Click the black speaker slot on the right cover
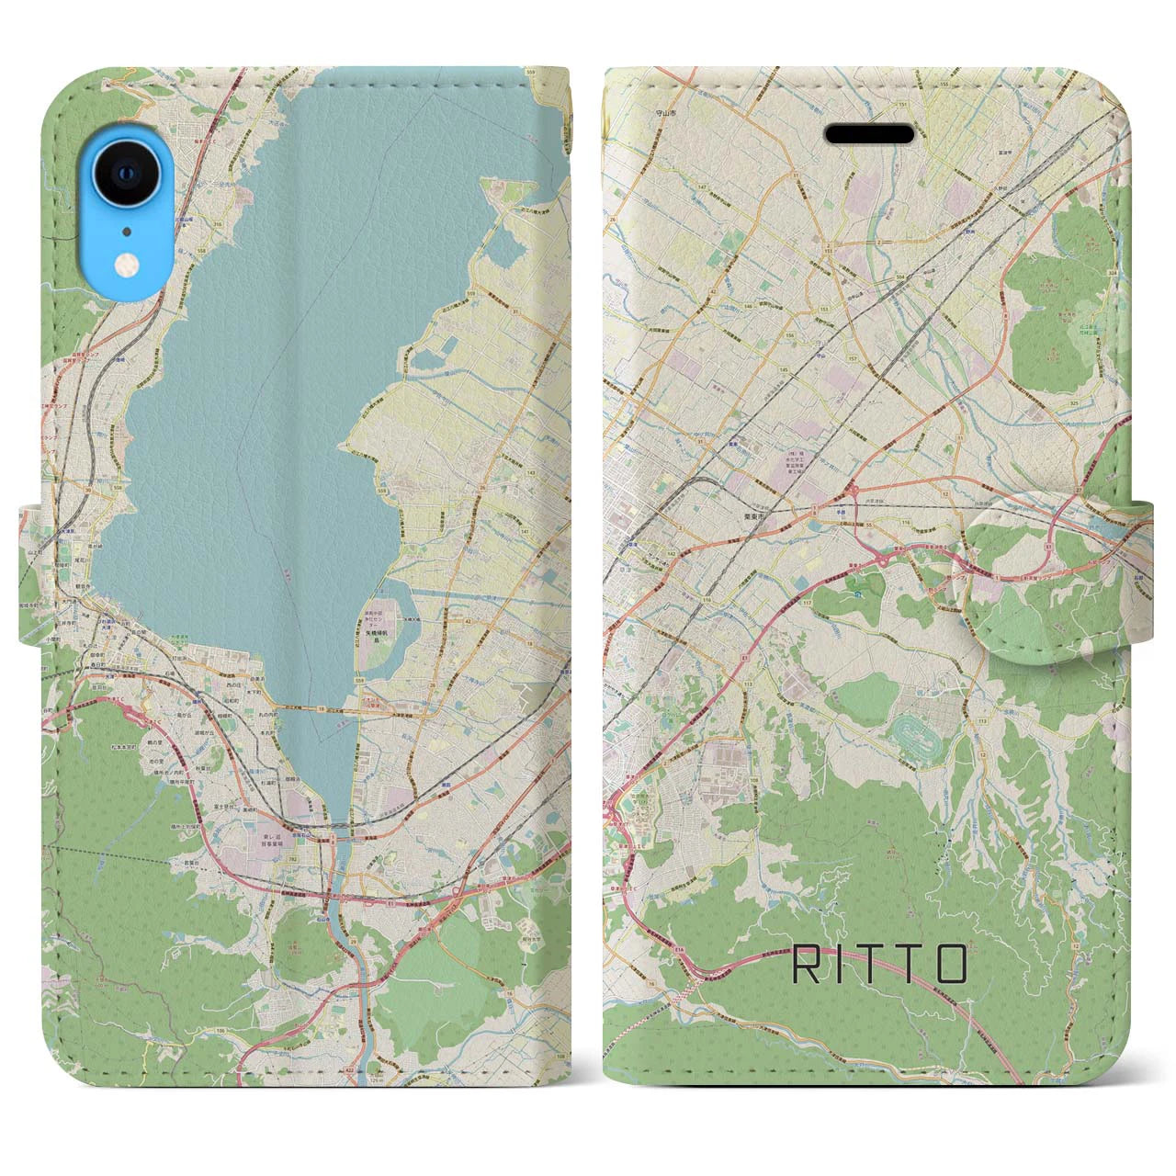(x=868, y=134)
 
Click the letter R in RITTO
(x=803, y=964)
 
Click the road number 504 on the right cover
(x=897, y=276)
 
